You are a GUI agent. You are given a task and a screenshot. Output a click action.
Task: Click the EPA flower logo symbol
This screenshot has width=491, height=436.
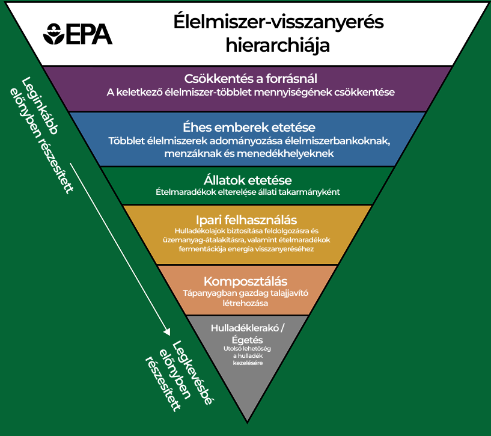pos(54,34)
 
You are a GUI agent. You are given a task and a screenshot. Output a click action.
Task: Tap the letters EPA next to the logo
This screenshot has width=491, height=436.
pos(89,34)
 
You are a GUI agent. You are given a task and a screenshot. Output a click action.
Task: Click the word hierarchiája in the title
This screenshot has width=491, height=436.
pos(278,46)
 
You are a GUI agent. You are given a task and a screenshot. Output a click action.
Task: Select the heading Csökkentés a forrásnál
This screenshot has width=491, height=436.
pos(251,79)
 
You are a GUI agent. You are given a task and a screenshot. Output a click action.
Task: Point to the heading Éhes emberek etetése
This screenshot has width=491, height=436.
pos(249,127)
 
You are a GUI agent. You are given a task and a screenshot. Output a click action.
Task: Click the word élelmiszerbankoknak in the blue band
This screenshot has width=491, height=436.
pos(337,141)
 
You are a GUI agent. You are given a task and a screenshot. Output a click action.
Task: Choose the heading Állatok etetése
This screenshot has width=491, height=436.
pos(248,180)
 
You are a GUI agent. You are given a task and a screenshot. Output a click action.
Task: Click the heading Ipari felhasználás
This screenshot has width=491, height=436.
pos(246,220)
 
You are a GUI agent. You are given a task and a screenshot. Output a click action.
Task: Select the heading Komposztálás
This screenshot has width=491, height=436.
pos(245,281)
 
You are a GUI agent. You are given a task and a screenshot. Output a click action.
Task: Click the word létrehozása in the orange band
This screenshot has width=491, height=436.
pos(245,303)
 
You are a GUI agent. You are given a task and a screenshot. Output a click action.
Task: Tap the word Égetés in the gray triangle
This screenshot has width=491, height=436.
pos(248,340)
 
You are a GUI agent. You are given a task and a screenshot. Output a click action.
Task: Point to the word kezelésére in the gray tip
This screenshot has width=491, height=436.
pos(248,363)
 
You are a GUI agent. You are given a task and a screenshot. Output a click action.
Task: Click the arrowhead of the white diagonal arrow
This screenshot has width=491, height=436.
pos(168,331)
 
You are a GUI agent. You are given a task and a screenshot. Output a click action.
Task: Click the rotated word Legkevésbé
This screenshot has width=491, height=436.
pos(192,373)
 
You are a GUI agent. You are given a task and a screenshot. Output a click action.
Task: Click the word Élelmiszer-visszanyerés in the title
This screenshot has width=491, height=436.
pos(279,22)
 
